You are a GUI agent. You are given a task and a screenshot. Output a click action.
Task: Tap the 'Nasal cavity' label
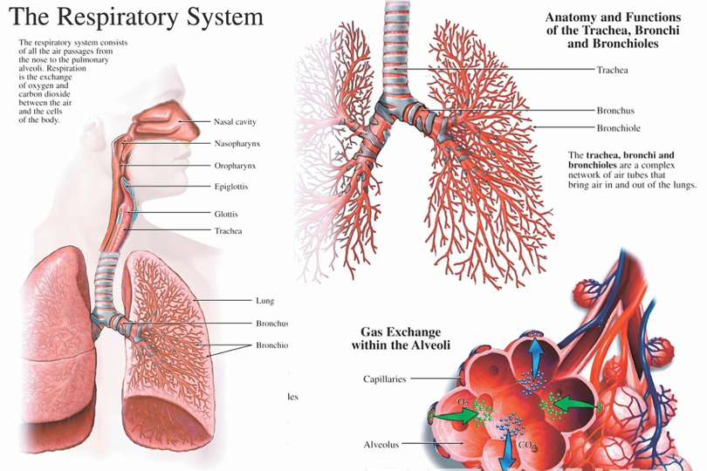(x=235, y=121)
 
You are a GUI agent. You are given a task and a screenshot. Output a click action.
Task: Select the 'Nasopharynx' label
(x=235, y=143)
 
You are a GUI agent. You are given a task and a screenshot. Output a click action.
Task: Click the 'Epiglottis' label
(x=233, y=186)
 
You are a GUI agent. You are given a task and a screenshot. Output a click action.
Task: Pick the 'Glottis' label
(x=226, y=214)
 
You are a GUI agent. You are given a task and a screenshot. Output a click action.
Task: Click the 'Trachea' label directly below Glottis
(x=228, y=231)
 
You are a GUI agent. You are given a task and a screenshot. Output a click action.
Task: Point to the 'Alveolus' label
(x=381, y=445)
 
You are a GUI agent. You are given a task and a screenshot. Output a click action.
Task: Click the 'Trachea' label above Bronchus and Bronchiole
(x=613, y=70)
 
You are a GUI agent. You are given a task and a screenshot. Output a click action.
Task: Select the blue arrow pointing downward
(x=507, y=449)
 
